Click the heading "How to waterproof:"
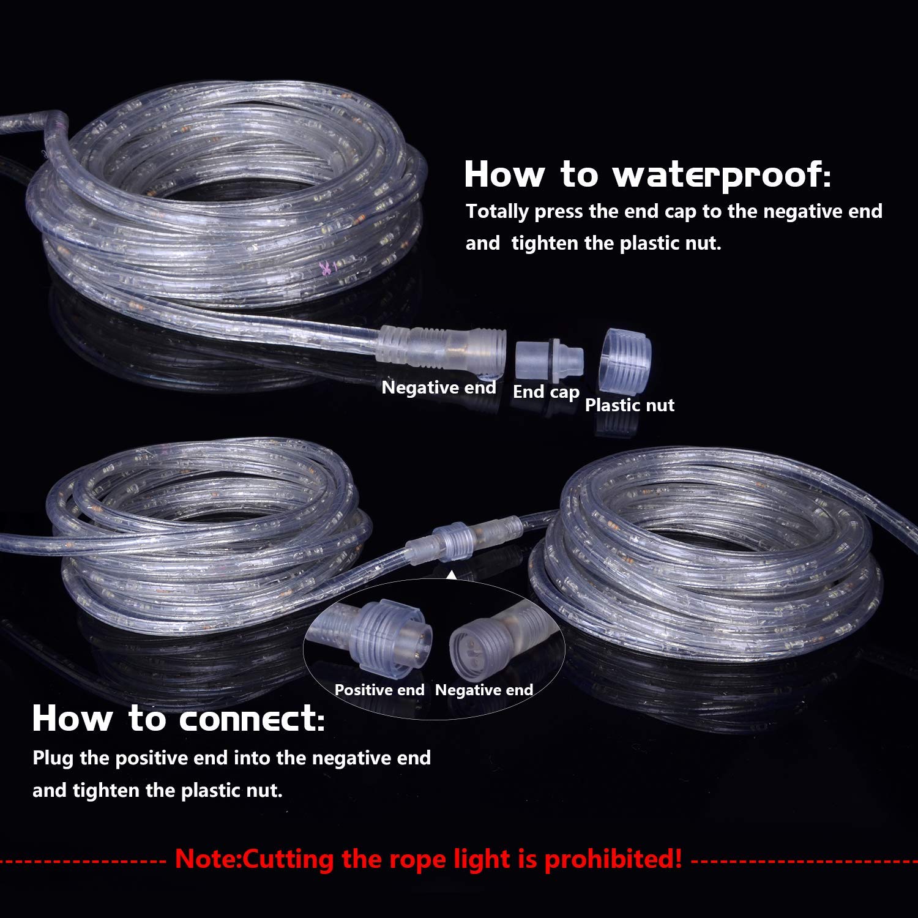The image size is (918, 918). tap(647, 174)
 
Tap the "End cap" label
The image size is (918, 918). tap(546, 392)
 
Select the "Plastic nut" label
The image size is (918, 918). tap(629, 405)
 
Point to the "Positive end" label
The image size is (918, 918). tap(379, 690)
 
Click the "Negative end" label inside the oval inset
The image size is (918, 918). tap(483, 690)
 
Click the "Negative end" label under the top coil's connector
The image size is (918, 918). tap(438, 387)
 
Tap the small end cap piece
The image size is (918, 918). tap(548, 359)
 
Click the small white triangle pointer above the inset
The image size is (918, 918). tap(452, 575)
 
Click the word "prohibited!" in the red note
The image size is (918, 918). tap(613, 859)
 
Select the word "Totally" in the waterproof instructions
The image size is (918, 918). tap(497, 212)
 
